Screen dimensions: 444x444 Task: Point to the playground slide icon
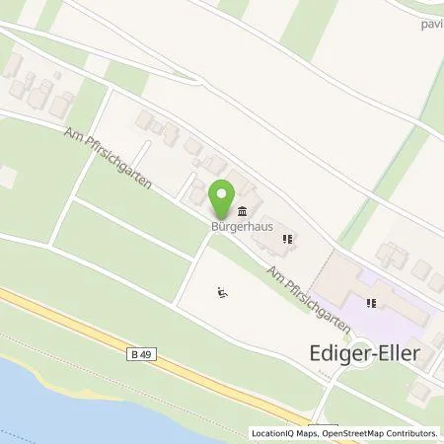coord(223,291)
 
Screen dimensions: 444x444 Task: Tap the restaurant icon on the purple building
coord(372,304)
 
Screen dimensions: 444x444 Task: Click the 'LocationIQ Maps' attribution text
coord(285,433)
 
